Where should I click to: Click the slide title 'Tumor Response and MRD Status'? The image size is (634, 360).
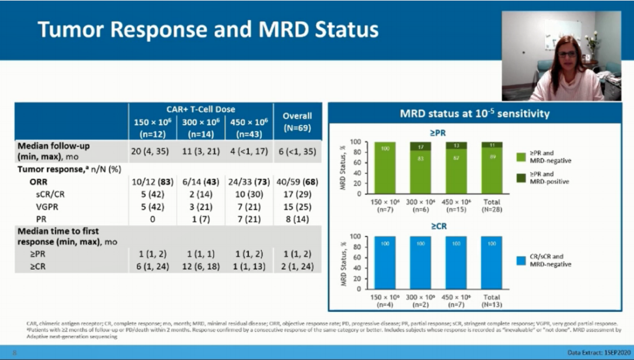pos(208,29)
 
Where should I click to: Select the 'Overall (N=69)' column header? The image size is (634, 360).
pos(297,122)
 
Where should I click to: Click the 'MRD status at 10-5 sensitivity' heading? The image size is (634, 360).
pos(474,113)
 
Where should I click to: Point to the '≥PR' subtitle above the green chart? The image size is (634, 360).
pos(437,133)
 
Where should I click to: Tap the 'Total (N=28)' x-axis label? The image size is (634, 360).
pos(491,206)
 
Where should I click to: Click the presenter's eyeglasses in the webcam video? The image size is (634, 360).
pos(566,54)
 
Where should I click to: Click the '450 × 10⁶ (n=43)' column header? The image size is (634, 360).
pos(249,126)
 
